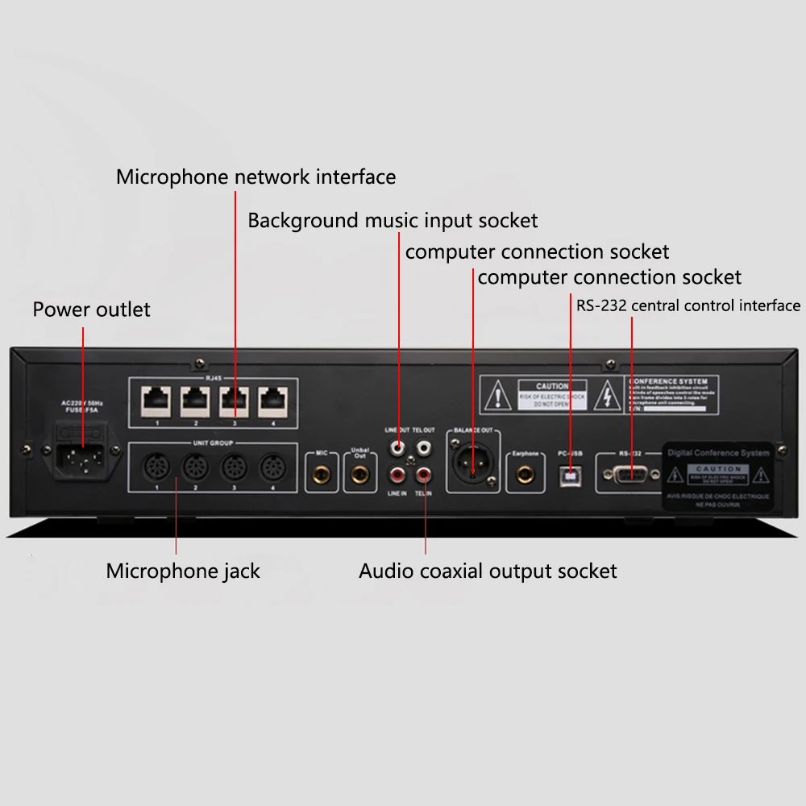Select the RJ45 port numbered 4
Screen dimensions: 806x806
(x=274, y=398)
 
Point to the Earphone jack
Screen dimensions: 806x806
(x=526, y=473)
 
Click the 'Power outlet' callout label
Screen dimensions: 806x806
(x=91, y=310)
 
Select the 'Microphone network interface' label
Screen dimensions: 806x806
(x=256, y=177)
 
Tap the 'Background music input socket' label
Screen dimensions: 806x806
(x=393, y=220)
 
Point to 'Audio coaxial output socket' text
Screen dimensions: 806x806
(x=488, y=571)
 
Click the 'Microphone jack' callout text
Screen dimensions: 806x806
(x=183, y=571)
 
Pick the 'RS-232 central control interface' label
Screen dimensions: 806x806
(x=688, y=305)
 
